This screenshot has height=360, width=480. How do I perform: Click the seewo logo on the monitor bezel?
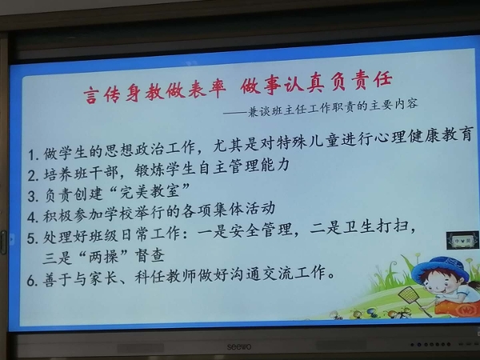[x=239, y=346]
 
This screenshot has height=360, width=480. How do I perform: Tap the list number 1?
[x=32, y=155]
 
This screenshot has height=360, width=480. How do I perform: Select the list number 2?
[x=32, y=175]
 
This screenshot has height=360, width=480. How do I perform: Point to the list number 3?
[x=32, y=197]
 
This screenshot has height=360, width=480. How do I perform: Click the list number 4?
[x=32, y=217]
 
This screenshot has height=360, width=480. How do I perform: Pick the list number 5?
[x=31, y=238]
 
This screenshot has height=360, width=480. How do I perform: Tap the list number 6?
[x=31, y=281]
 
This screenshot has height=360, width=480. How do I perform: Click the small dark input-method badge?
[x=462, y=240]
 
